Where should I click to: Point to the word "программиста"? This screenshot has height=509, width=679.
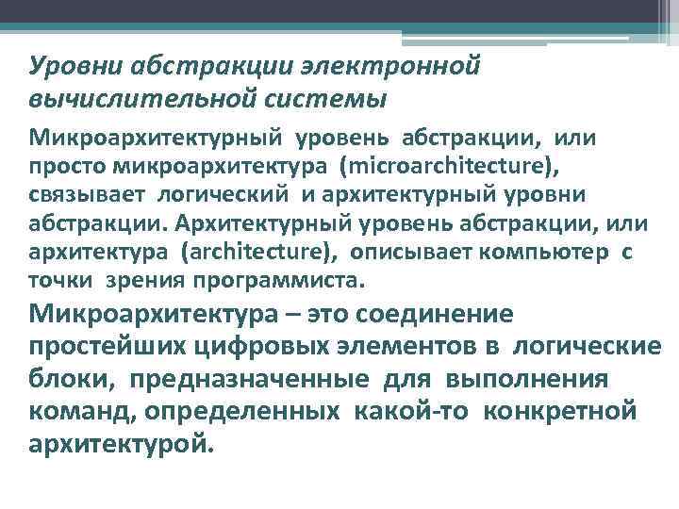(x=277, y=279)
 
